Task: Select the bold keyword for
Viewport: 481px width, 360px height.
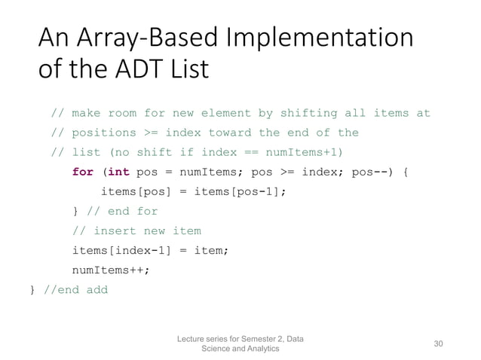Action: (83, 172)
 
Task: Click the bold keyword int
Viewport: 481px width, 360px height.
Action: (118, 172)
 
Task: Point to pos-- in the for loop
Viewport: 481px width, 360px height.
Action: (372, 172)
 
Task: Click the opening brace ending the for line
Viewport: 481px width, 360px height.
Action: (406, 172)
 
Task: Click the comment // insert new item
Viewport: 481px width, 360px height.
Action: (136, 230)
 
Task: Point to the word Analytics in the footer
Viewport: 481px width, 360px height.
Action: (256, 349)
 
